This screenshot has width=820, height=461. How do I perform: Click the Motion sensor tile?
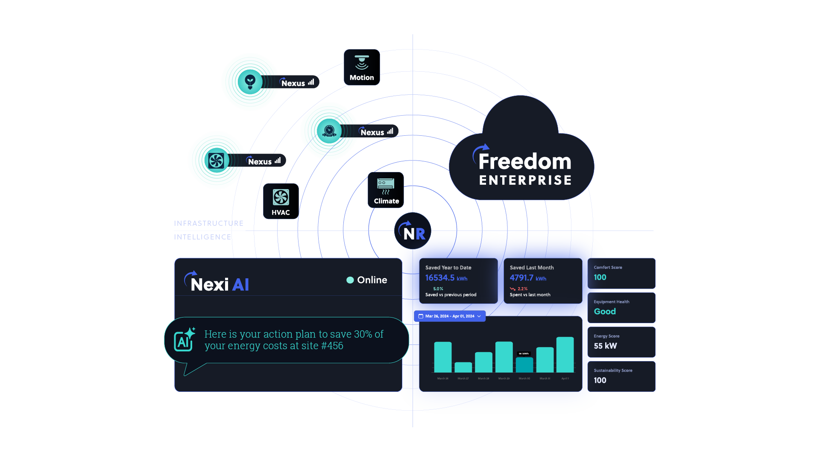point(362,67)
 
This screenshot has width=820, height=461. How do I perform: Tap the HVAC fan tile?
point(281,201)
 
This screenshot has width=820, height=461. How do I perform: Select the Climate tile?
point(386,190)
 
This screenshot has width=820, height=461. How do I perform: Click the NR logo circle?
point(413,231)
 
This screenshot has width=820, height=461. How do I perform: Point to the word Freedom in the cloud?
point(524,161)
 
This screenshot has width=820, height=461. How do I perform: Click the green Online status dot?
point(350,280)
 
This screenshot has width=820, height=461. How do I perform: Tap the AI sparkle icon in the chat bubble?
point(184,340)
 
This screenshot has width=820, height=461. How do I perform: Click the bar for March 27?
point(463,367)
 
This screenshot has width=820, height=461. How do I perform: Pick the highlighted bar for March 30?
point(524,365)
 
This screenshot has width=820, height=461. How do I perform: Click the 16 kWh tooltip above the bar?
point(524,353)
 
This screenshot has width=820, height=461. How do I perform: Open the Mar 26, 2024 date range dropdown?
point(450,316)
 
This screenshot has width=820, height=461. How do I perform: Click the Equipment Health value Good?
point(605,312)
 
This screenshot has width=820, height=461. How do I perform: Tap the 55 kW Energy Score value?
point(605,346)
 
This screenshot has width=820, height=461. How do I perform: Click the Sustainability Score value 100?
point(600,380)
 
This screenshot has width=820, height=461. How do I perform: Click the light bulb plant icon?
point(250,81)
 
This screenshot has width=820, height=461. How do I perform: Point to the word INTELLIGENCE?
point(202,237)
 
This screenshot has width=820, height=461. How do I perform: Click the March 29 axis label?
point(504,379)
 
